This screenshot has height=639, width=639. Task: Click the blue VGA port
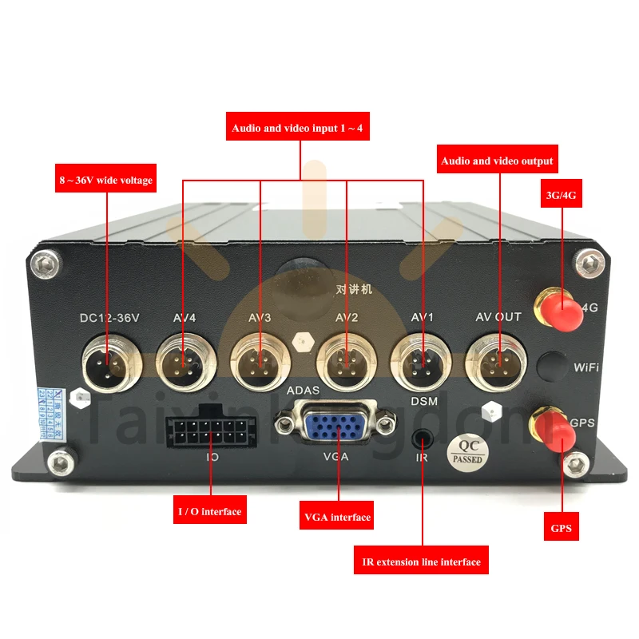[336, 423]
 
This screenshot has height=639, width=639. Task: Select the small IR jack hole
[422, 439]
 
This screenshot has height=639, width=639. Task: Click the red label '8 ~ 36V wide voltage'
[105, 181]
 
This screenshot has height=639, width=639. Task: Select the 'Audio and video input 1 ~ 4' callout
[301, 127]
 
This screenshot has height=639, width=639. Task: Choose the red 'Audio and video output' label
[497, 161]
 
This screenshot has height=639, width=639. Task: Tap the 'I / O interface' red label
[208, 510]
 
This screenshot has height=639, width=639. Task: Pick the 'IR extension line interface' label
[421, 562]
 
